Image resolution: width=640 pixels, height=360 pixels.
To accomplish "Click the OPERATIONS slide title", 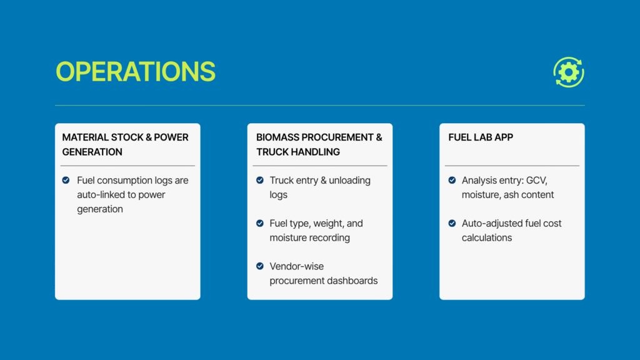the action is tap(136, 71).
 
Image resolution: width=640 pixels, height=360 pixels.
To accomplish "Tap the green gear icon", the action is tap(569, 72).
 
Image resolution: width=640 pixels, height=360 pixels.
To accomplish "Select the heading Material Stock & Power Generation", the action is tap(125, 144).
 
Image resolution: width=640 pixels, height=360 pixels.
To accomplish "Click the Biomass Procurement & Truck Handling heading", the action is tap(319, 144).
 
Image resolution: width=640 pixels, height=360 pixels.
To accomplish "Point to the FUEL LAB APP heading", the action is tap(481, 137).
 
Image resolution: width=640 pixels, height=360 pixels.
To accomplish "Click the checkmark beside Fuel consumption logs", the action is tap(66, 180).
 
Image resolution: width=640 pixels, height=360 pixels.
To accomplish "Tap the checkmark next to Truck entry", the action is tap(259, 180).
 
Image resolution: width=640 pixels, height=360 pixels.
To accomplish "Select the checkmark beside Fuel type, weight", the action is tap(259, 223).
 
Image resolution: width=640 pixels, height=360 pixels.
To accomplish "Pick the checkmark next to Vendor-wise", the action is tap(259, 266).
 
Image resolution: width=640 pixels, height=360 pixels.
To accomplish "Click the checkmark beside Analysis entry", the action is tap(452, 180).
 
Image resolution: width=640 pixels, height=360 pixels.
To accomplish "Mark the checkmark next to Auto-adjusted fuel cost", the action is tap(452, 223).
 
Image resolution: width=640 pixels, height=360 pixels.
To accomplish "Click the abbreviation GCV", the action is tap(536, 181).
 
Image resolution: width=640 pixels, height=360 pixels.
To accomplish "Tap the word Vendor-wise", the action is tap(297, 266).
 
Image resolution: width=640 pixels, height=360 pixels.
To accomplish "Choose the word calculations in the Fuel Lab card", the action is tap(486, 237).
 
